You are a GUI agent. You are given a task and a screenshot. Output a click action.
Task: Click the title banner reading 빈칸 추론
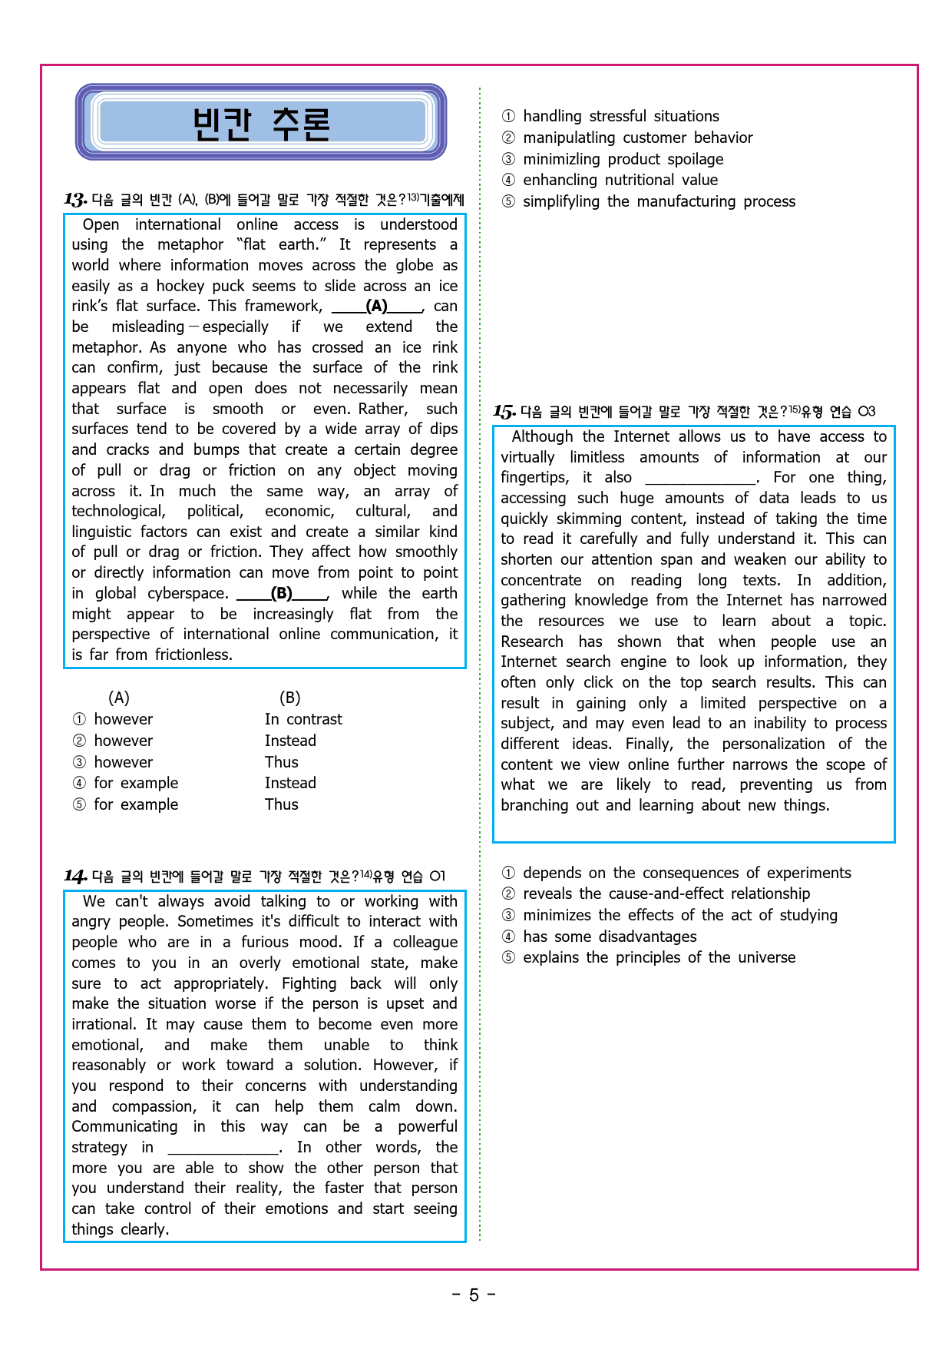261,122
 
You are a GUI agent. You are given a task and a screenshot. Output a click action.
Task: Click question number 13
74,201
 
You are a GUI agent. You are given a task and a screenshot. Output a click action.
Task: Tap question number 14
74,877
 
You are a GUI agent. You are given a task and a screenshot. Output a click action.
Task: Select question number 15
504,412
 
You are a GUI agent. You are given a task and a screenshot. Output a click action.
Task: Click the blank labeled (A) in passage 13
377,307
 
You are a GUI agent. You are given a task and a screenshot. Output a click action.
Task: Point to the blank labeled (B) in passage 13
282,594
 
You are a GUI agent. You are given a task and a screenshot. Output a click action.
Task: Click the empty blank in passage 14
223,1148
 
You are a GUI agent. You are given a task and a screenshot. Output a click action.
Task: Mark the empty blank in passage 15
700,478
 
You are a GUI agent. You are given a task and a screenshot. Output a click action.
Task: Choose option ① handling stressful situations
620,116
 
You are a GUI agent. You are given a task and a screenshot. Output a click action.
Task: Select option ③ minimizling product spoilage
623,159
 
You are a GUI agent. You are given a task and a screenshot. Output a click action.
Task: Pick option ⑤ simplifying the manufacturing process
659,201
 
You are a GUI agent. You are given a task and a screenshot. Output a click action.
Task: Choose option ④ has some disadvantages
610,937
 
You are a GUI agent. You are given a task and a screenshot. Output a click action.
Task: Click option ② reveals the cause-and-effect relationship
666,893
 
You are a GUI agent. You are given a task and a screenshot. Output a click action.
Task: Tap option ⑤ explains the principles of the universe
659,957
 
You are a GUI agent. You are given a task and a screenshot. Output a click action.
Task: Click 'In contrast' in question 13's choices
303,719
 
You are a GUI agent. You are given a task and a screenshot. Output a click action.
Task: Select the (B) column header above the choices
289,698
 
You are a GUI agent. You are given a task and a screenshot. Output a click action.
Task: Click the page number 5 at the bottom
474,1295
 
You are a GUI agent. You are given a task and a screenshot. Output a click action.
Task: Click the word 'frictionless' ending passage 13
193,655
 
